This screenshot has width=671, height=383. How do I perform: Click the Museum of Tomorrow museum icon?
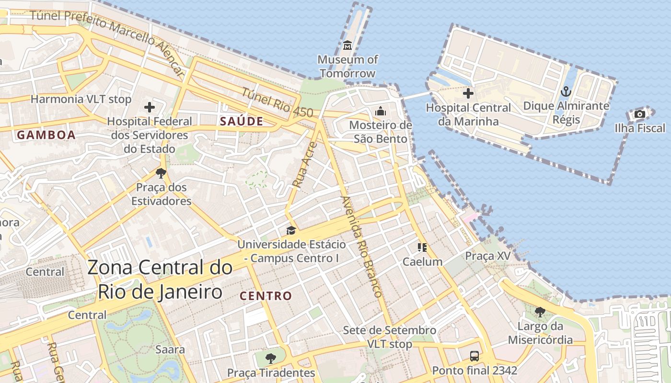coord(347,45)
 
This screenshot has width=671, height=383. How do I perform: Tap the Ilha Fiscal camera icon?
coord(639,114)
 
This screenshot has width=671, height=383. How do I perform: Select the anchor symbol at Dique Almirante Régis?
coord(566,91)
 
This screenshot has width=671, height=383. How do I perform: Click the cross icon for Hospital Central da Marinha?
coord(468,93)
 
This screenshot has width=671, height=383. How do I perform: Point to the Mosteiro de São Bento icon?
coord(381,111)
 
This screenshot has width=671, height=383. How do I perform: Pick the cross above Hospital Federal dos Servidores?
coord(150,107)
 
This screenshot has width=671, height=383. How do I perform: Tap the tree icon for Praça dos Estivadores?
coord(161,173)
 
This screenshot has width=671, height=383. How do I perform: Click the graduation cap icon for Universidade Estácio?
coord(291,230)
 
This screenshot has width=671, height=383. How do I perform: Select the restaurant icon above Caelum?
coord(422,248)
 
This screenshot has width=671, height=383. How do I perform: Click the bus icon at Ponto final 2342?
coord(474,356)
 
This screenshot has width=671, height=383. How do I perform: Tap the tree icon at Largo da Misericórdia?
coord(540,313)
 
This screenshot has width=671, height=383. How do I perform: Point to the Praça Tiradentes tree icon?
coord(271,358)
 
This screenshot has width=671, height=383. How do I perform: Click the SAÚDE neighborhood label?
coord(242,122)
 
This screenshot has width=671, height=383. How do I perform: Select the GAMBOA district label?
coord(46,135)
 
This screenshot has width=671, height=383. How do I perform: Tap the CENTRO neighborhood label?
coord(266,296)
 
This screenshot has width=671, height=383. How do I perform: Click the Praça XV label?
coord(488,256)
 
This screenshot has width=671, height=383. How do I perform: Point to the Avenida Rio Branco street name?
coord(361,246)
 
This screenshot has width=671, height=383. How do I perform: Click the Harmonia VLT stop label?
coord(81,100)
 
